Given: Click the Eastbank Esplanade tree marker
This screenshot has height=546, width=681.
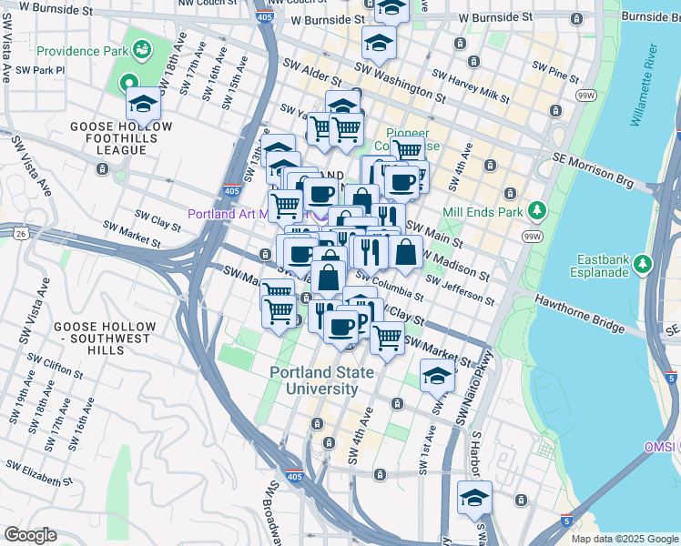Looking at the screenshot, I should (x=644, y=264).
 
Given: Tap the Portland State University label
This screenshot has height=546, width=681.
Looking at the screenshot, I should (x=313, y=380).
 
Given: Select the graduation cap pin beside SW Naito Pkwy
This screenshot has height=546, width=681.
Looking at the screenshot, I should (x=437, y=374).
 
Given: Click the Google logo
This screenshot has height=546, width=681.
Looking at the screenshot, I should (x=30, y=535).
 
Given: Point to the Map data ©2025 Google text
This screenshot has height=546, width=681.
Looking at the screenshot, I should (x=624, y=539).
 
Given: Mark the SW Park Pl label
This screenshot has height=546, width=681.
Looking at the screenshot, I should (x=40, y=69).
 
